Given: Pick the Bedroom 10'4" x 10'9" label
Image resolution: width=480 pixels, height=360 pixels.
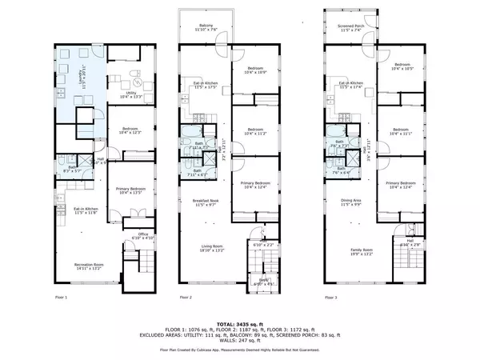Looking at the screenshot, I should coord(255,70).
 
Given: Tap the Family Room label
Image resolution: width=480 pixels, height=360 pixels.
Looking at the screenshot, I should coord(352,250).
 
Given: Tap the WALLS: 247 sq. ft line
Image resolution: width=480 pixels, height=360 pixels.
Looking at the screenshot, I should coord(239,338).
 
